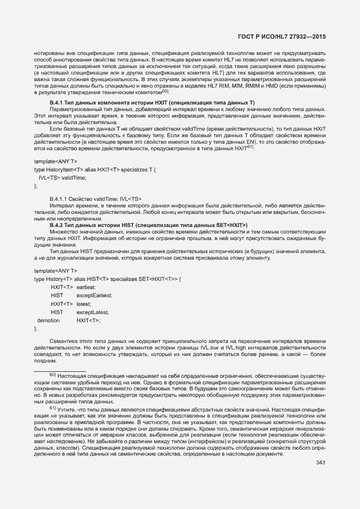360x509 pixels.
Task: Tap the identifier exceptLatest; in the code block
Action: click(92, 312)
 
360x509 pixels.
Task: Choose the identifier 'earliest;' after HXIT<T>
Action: click(86, 286)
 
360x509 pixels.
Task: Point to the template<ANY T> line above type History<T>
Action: click(56, 271)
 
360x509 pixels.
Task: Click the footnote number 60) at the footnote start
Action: click(53, 375)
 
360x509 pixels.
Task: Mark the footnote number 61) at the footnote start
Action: click(53, 408)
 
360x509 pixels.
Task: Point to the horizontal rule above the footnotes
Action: click(60, 371)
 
